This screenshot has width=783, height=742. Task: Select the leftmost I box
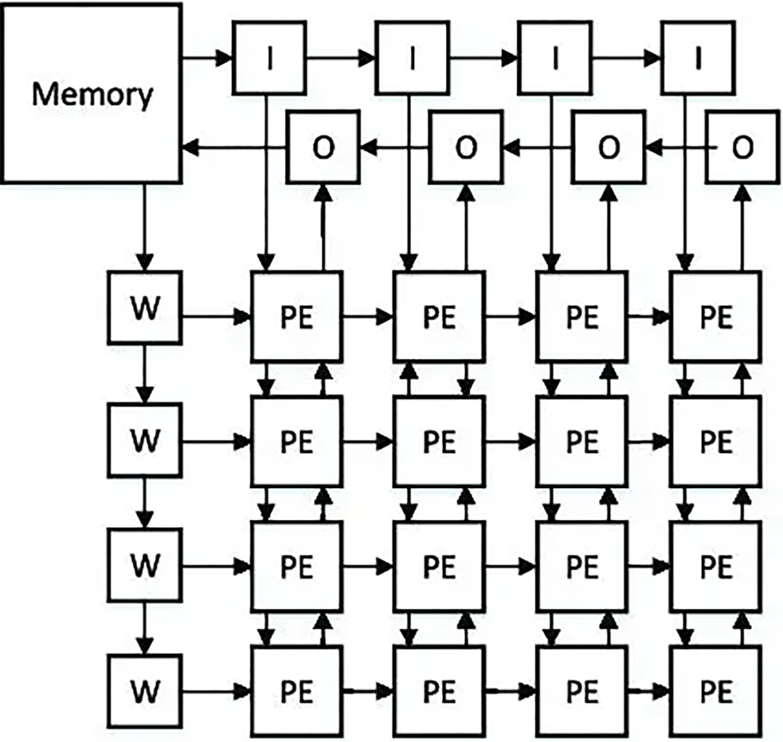tap(269, 58)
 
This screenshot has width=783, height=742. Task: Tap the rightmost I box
tap(698, 58)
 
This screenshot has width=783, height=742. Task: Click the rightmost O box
tap(743, 147)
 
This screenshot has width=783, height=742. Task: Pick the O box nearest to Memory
tap(323, 147)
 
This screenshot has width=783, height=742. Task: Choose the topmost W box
tap(145, 308)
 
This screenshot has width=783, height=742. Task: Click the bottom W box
tap(145, 691)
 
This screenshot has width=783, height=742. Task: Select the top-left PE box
tap(297, 317)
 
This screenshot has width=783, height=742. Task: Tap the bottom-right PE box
tap(716, 691)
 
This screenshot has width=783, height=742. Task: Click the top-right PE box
tap(716, 317)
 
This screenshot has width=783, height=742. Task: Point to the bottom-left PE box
tap(297, 691)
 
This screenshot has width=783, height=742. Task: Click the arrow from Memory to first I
tap(207, 59)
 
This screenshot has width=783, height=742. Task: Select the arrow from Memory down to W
tap(145, 227)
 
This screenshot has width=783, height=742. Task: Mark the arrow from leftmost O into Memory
tap(234, 148)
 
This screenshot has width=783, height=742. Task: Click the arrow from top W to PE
tap(216, 317)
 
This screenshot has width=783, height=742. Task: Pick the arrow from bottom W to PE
tap(216, 691)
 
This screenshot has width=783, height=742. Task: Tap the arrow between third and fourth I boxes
tap(626, 59)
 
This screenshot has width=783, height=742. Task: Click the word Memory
tap(92, 95)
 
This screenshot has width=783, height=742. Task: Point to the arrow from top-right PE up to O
tap(743, 228)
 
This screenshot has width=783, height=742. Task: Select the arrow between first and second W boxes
tap(145, 374)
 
